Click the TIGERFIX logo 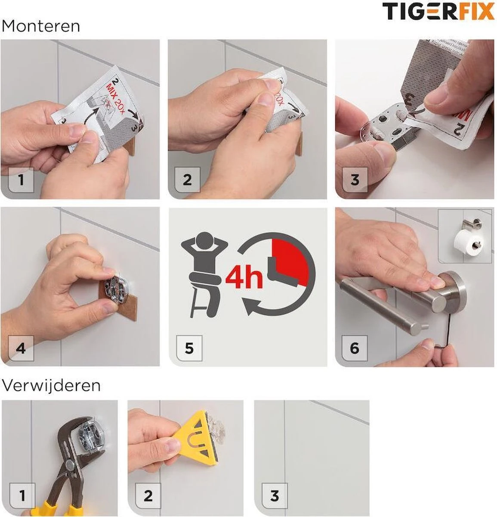438,11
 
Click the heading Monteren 41,26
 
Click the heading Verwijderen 51,385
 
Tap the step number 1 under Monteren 20,180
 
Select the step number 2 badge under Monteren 187,180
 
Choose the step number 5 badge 189,348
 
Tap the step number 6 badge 354,348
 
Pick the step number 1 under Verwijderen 22,495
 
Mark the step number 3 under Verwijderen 274,495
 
